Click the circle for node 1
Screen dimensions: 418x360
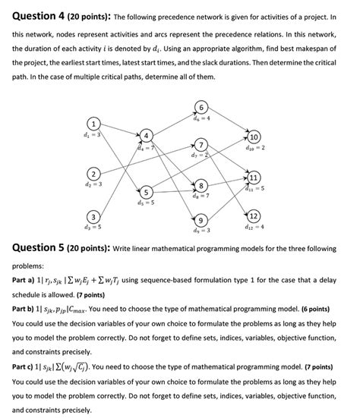[x=92, y=124]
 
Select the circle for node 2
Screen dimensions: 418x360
[x=92, y=172]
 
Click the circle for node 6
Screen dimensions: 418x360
[x=201, y=106]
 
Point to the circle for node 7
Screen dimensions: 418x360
[x=201, y=145]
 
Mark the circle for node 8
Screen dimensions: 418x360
[x=201, y=186]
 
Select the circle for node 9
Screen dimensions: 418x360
[x=201, y=220]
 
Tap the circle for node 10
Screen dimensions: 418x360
[x=253, y=137]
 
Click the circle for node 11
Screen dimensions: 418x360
[x=253, y=178]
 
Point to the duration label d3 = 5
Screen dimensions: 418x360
[x=92, y=227]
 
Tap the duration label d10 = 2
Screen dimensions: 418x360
[x=254, y=149]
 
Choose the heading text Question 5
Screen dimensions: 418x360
[x=33, y=247]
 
